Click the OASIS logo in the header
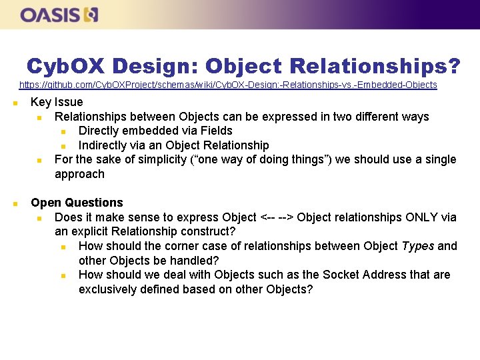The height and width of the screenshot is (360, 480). tap(59, 15)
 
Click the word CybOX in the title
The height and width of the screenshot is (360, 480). tap(66, 66)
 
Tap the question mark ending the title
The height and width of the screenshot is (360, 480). tap(453, 66)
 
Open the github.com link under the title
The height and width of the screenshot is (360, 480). tap(228, 85)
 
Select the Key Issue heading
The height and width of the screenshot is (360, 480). tap(57, 102)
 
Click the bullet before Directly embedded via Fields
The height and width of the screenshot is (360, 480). tap(63, 131)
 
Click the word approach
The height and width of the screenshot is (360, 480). tap(79, 174)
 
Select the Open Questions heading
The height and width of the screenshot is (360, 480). tap(77, 203)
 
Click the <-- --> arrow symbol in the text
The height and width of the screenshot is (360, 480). tap(277, 217)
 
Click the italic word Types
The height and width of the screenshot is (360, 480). tap(418, 246)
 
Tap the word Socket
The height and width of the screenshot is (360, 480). tap(341, 275)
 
